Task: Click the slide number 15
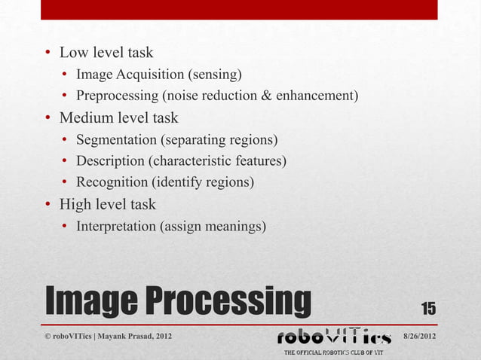(427, 307)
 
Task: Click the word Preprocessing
(116, 96)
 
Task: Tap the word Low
(75, 53)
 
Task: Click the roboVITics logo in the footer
(335, 336)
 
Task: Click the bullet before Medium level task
(48, 118)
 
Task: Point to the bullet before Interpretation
(66, 226)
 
